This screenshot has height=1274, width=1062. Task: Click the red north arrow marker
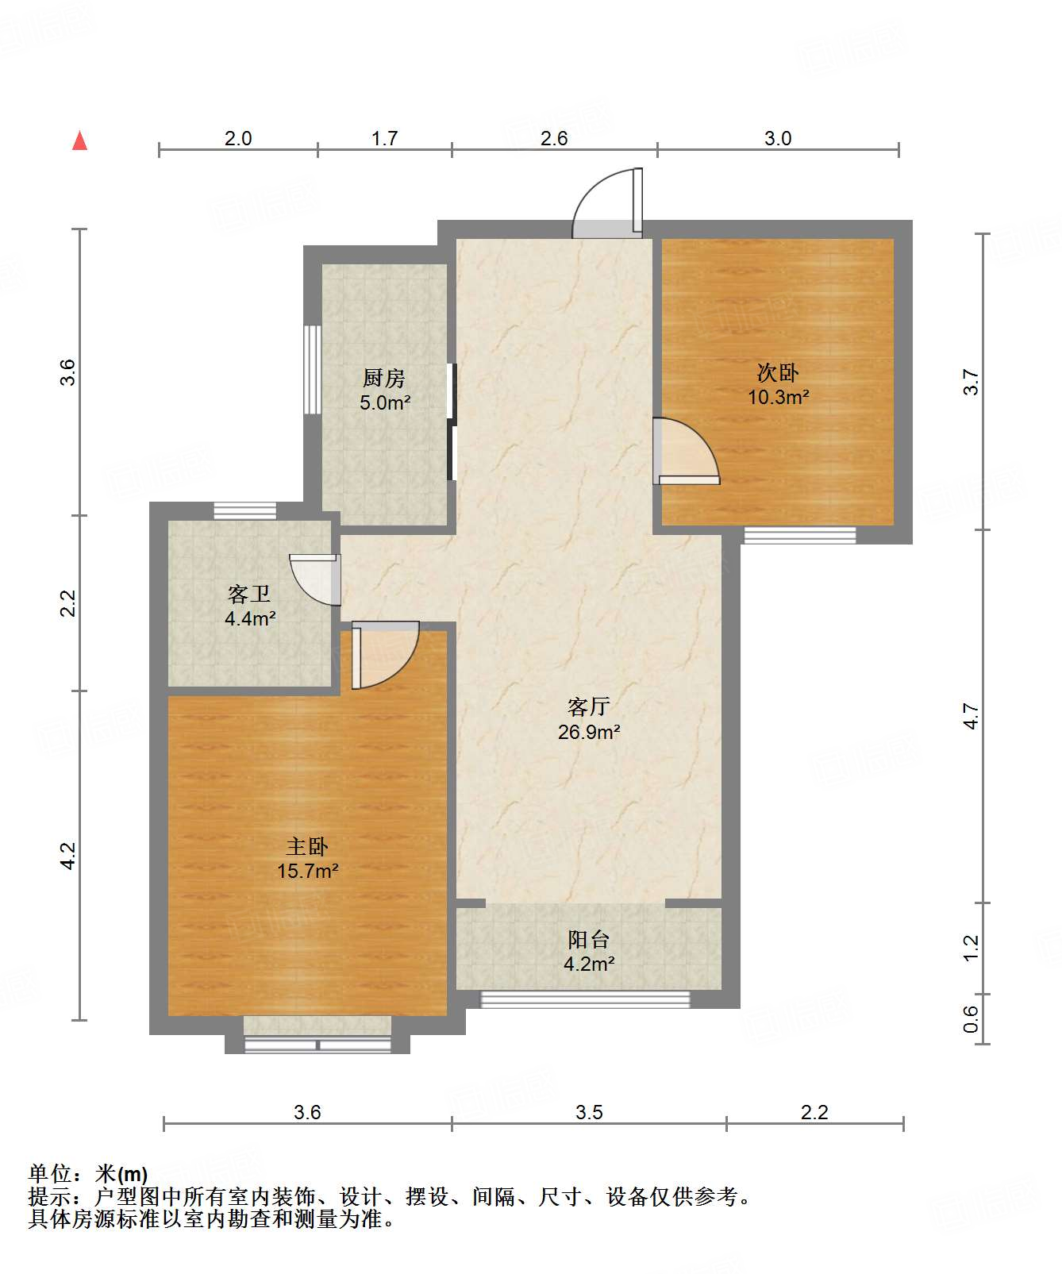click(79, 140)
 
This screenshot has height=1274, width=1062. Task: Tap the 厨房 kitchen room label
click(385, 378)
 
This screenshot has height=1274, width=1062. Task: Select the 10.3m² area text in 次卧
click(779, 397)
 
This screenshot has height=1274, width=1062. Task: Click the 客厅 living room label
click(589, 706)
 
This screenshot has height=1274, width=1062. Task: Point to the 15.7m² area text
click(308, 871)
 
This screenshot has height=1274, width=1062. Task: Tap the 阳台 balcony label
click(589, 940)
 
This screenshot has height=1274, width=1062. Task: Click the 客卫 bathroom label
click(249, 594)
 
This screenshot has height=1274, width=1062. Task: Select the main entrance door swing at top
click(608, 202)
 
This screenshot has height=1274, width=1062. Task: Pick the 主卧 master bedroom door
click(385, 655)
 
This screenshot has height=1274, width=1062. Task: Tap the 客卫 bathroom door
click(315, 579)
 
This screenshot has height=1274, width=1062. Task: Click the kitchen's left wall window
click(313, 369)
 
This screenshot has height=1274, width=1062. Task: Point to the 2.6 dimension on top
click(554, 138)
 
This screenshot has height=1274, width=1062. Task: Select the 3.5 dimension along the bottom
click(589, 1112)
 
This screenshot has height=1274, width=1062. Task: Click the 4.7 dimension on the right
click(971, 716)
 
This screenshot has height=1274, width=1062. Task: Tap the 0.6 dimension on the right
click(971, 1019)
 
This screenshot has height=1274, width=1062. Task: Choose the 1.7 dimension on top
click(385, 138)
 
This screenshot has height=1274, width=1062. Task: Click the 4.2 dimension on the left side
click(68, 856)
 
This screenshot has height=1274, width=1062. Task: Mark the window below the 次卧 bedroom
click(800, 535)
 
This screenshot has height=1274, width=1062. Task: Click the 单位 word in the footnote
click(50, 1173)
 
